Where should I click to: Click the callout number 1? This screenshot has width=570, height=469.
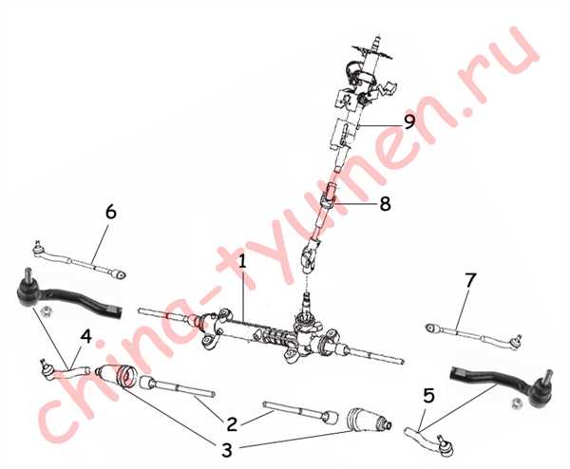242,262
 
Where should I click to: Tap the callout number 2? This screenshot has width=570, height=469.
232,424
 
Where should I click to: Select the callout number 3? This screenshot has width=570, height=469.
227,450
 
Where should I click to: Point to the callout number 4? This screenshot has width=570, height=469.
85,337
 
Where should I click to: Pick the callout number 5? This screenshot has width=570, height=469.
429,395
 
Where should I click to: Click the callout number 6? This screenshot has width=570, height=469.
111,212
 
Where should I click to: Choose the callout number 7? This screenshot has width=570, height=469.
470,280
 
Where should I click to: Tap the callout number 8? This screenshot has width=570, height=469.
385,204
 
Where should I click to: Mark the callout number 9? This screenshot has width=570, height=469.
409,122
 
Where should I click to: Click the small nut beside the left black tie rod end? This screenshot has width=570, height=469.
47,311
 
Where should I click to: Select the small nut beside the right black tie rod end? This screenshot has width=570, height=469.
516,403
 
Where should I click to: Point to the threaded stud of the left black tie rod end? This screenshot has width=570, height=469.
28,274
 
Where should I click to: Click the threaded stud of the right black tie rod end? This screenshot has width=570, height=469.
548,376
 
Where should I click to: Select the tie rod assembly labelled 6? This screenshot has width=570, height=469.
80,260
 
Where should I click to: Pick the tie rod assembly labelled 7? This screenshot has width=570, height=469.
474,336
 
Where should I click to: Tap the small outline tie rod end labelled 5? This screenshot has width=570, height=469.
429,441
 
